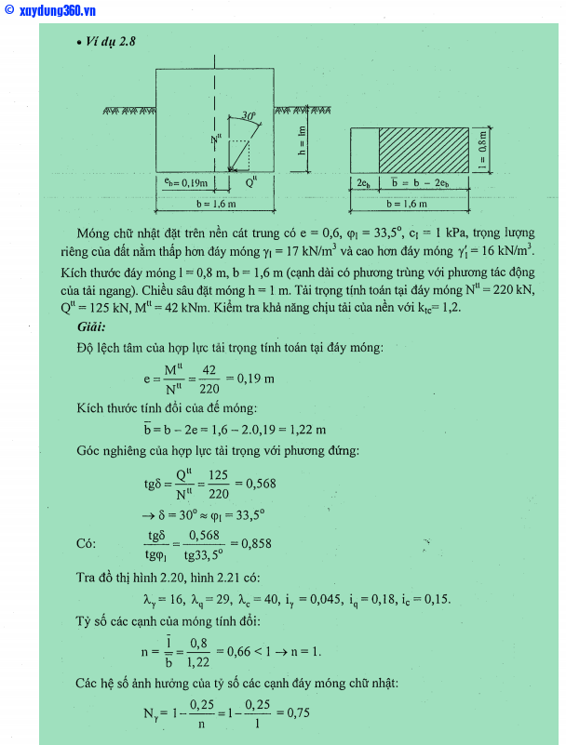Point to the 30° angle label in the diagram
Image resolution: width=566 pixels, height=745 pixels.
(247, 116)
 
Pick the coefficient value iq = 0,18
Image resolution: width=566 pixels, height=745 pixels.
(378, 598)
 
